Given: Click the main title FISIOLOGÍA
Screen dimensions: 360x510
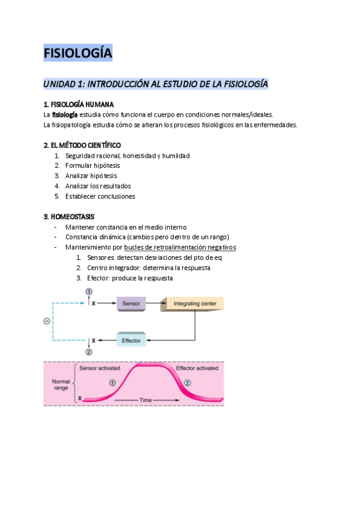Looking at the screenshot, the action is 78,54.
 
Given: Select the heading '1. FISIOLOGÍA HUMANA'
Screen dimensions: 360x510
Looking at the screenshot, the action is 79,105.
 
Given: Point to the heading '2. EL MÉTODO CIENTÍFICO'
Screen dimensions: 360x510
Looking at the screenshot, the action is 82,146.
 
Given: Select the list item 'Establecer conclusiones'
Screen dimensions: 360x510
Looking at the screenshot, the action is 100,196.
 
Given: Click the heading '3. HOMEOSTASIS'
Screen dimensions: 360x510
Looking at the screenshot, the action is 69,217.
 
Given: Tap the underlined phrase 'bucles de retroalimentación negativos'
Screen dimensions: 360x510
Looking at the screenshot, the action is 180,247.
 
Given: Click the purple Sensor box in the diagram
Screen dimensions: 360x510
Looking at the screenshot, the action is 131,304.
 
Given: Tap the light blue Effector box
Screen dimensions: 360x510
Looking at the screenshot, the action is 131,340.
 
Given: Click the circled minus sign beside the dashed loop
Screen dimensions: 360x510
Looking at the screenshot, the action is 47,321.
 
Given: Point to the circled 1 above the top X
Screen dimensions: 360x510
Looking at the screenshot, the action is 89,292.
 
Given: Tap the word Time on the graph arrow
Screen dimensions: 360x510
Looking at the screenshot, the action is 146,399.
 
